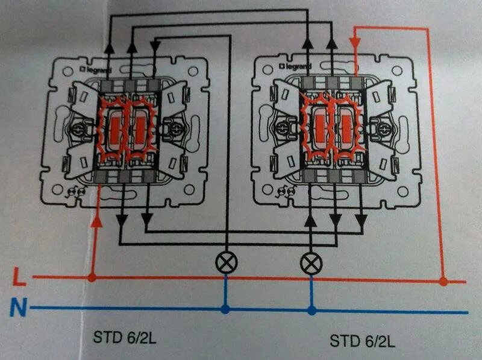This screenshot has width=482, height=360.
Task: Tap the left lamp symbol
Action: [x=225, y=262]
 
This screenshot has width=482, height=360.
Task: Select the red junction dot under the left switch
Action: [x=92, y=278]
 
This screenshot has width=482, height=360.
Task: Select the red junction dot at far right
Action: [x=443, y=281]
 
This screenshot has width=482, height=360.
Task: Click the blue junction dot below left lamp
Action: [x=225, y=310]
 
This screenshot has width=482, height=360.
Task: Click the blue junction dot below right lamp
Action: [x=311, y=311]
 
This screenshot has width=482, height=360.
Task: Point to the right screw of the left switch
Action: [x=176, y=128]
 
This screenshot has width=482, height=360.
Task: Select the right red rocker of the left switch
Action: [x=140, y=127]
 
